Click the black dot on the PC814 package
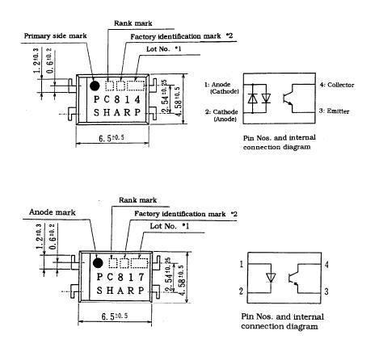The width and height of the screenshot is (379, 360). coord(95,86)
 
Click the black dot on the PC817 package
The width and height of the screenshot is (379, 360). coord(98,262)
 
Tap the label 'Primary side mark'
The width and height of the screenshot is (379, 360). coord(55,36)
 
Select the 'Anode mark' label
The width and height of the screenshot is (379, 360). coord(53,212)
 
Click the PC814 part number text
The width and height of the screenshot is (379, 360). coord(117,99)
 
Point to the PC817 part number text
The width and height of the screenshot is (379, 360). coord(120,277)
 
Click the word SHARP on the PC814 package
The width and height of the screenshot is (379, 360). coord(117,112)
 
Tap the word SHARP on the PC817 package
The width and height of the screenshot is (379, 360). coord(120,291)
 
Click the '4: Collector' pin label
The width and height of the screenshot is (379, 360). coord(337,85)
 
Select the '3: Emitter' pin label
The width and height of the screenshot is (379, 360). coord(334,111)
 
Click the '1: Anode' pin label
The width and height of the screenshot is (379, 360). coord(217,85)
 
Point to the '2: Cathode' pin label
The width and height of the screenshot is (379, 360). coord(221,111)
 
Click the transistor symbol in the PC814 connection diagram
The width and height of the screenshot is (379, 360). coord(288,98)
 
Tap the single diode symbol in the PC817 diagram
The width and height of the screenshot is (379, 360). coord(271,277)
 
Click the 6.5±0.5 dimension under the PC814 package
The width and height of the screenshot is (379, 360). coord(112,138)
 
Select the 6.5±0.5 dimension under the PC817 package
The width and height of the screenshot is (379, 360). coord(115,316)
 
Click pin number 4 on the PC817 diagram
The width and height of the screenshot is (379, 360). coord(326,265)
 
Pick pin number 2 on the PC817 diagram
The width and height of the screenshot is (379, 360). coord(241,291)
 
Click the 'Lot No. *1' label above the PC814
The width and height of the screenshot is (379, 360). coord(164,49)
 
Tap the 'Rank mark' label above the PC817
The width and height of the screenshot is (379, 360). coord(137,200)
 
